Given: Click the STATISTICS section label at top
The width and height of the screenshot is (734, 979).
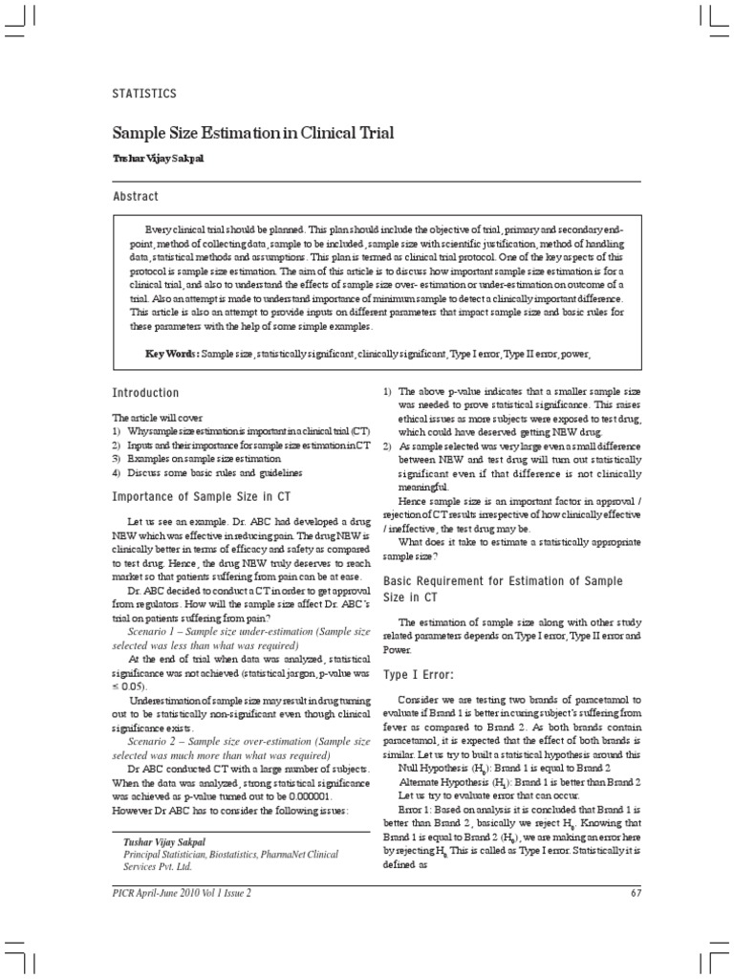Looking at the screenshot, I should click(x=143, y=94).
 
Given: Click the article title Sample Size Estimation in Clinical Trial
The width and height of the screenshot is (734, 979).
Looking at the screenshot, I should click(x=252, y=133).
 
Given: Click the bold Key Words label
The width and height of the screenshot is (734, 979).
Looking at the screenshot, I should click(x=171, y=354).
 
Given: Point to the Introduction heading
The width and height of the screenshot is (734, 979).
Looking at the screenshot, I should click(x=145, y=393).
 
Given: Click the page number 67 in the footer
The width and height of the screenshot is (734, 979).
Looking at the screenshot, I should click(x=636, y=893).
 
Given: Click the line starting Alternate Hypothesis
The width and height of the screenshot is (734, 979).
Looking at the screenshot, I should click(x=519, y=782).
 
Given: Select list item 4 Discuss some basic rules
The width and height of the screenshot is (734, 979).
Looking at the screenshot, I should click(x=206, y=472).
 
